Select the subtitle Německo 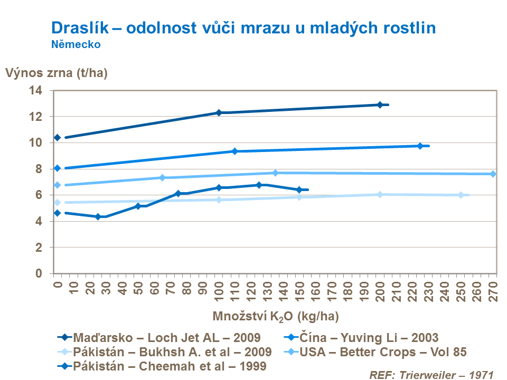(x=76, y=45)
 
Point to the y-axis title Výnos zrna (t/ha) (x=57, y=73)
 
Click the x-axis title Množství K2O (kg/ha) (x=276, y=317)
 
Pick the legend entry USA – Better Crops (x=383, y=351)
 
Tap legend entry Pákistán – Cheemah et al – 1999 (x=170, y=366)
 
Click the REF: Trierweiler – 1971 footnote (x=431, y=374)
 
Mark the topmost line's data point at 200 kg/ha (x=380, y=104)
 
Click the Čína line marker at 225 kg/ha (x=420, y=146)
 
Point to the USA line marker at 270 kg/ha (x=493, y=174)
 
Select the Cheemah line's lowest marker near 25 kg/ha (x=98, y=216)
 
